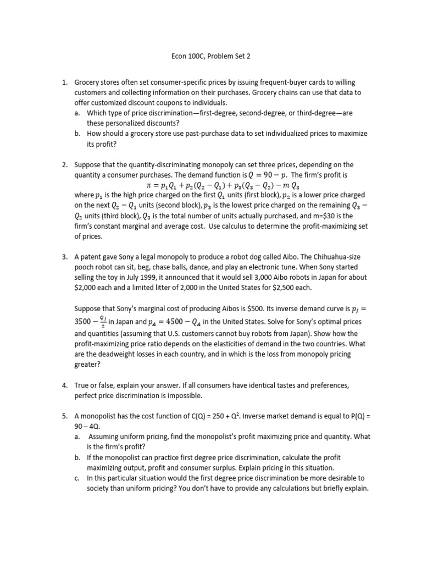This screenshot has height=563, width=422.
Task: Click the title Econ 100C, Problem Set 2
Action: click(211, 56)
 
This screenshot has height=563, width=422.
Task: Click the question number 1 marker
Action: click(64, 83)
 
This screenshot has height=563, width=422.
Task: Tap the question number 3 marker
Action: click(64, 257)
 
